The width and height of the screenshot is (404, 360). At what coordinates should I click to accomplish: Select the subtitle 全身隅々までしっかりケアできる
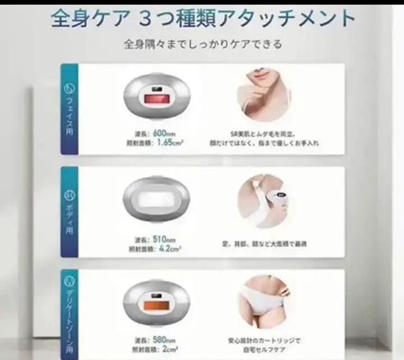coord(203,43)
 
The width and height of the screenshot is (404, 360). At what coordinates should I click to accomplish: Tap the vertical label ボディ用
coord(70,219)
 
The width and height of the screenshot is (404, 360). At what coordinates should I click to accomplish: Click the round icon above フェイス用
coord(70,89)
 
